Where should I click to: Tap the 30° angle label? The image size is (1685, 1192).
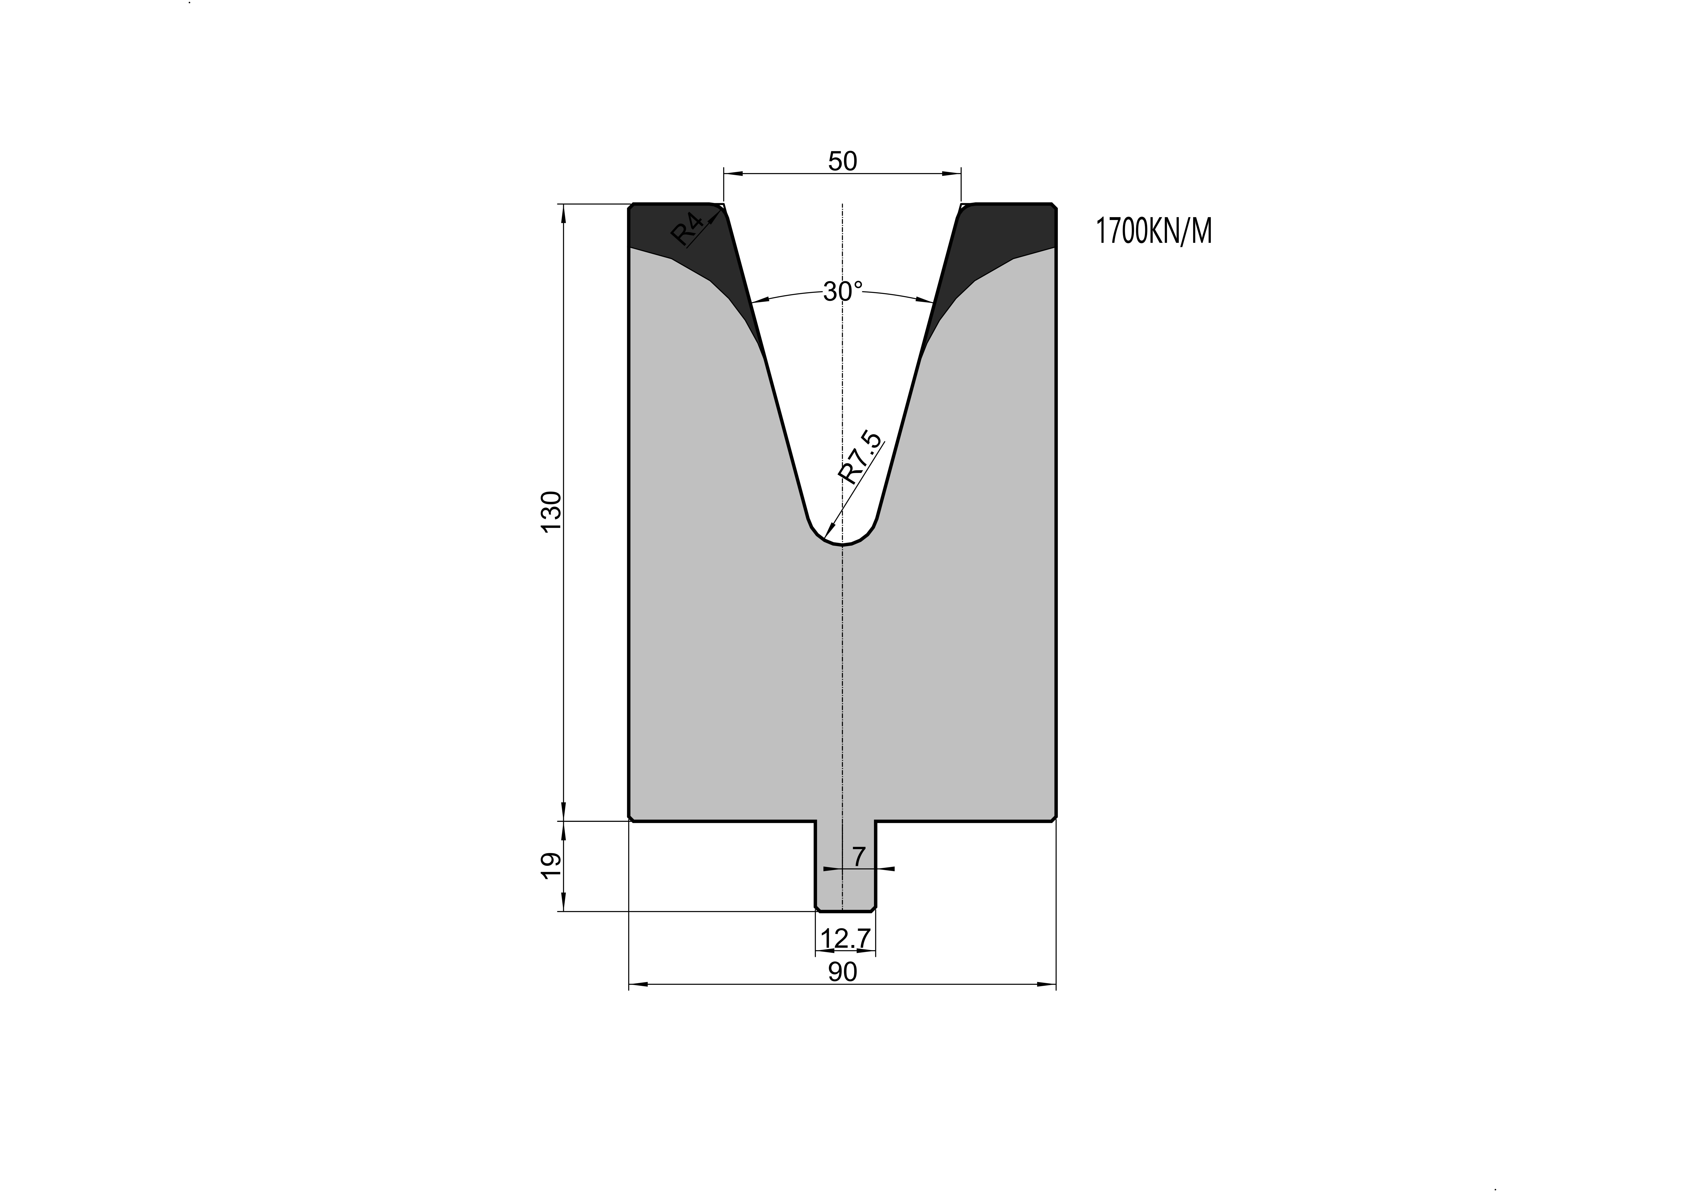pos(843,292)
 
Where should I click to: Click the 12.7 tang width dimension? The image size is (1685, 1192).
pos(845,938)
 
